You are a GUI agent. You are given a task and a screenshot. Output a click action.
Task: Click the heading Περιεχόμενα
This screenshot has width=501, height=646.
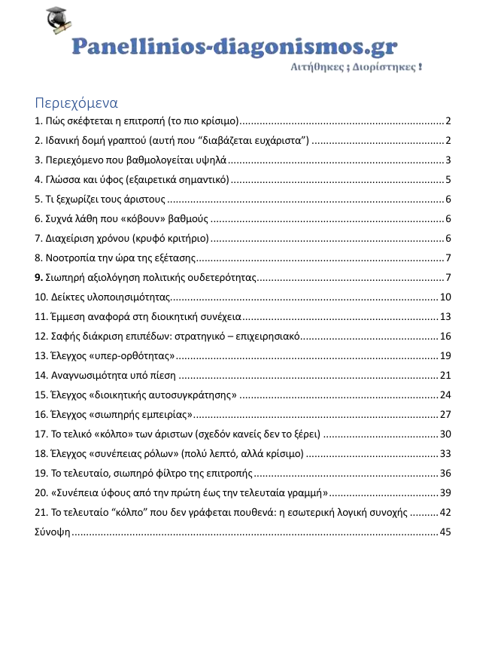[77, 102]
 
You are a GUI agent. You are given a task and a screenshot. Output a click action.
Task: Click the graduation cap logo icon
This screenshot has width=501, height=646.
[58, 23]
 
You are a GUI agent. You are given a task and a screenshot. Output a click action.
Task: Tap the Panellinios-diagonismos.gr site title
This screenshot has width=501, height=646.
[234, 47]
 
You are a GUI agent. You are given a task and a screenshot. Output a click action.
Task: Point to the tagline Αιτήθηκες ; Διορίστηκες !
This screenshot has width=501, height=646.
[356, 67]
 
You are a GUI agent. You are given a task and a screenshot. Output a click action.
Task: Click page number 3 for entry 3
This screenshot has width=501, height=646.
[448, 160]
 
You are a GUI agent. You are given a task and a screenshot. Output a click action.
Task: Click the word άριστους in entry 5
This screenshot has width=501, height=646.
[142, 200]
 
